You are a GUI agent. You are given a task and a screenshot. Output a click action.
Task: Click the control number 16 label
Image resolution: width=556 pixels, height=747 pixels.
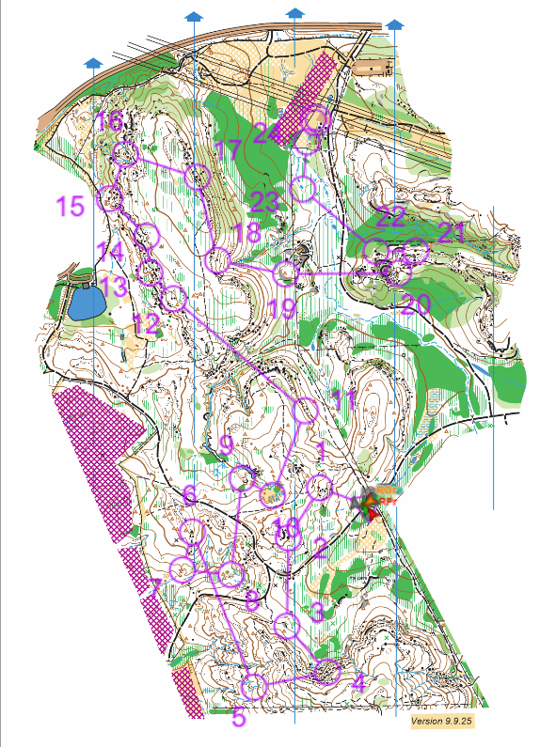pyautogui.click(x=109, y=120)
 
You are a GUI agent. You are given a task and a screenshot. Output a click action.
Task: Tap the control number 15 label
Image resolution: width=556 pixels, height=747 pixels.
pyautogui.click(x=71, y=206)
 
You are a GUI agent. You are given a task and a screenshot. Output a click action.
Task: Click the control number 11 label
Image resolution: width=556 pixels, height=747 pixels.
pyautogui.click(x=344, y=400)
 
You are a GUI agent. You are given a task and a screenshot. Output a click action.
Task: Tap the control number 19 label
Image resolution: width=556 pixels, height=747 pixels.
pyautogui.click(x=280, y=307)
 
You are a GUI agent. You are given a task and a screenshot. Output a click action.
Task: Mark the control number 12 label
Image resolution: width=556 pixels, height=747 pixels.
pyautogui.click(x=145, y=323)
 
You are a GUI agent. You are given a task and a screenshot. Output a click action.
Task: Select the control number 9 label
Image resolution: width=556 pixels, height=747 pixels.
pyautogui.click(x=225, y=444)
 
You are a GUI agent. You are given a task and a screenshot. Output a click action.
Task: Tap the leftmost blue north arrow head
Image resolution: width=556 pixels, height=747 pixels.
pyautogui.click(x=92, y=63)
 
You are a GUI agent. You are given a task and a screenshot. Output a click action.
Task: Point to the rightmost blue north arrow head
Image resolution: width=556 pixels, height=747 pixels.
pyautogui.click(x=395, y=23)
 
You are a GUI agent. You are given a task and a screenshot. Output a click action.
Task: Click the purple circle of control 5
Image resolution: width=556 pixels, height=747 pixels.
pyautogui.click(x=254, y=687)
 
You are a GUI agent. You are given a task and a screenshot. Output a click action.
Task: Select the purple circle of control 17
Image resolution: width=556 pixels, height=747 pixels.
pyautogui.click(x=197, y=177)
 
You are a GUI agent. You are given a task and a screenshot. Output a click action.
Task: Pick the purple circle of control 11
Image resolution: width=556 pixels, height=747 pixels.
pyautogui.click(x=307, y=411)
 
